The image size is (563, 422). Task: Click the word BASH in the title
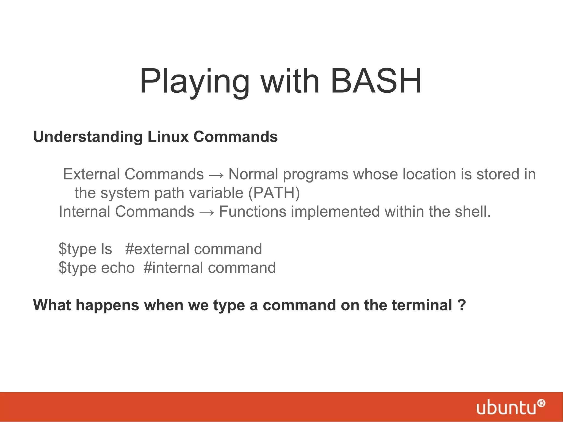coord(376,82)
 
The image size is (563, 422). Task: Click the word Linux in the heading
coord(168,137)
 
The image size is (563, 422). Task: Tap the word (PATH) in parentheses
coord(274,193)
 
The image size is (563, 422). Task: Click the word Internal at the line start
coord(84,212)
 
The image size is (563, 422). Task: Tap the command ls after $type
coord(107,249)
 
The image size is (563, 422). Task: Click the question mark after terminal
coord(462,305)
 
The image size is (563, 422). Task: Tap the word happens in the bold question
coord(107,306)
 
